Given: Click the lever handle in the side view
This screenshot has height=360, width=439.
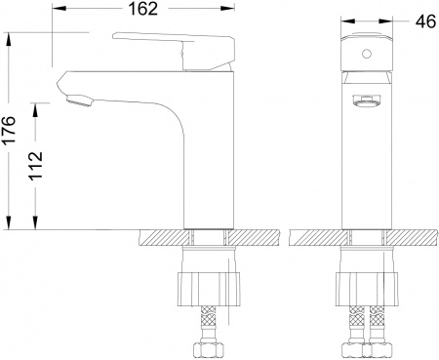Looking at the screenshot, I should [x=176, y=47].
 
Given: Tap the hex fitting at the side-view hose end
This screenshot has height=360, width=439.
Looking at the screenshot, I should [x=208, y=349].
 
